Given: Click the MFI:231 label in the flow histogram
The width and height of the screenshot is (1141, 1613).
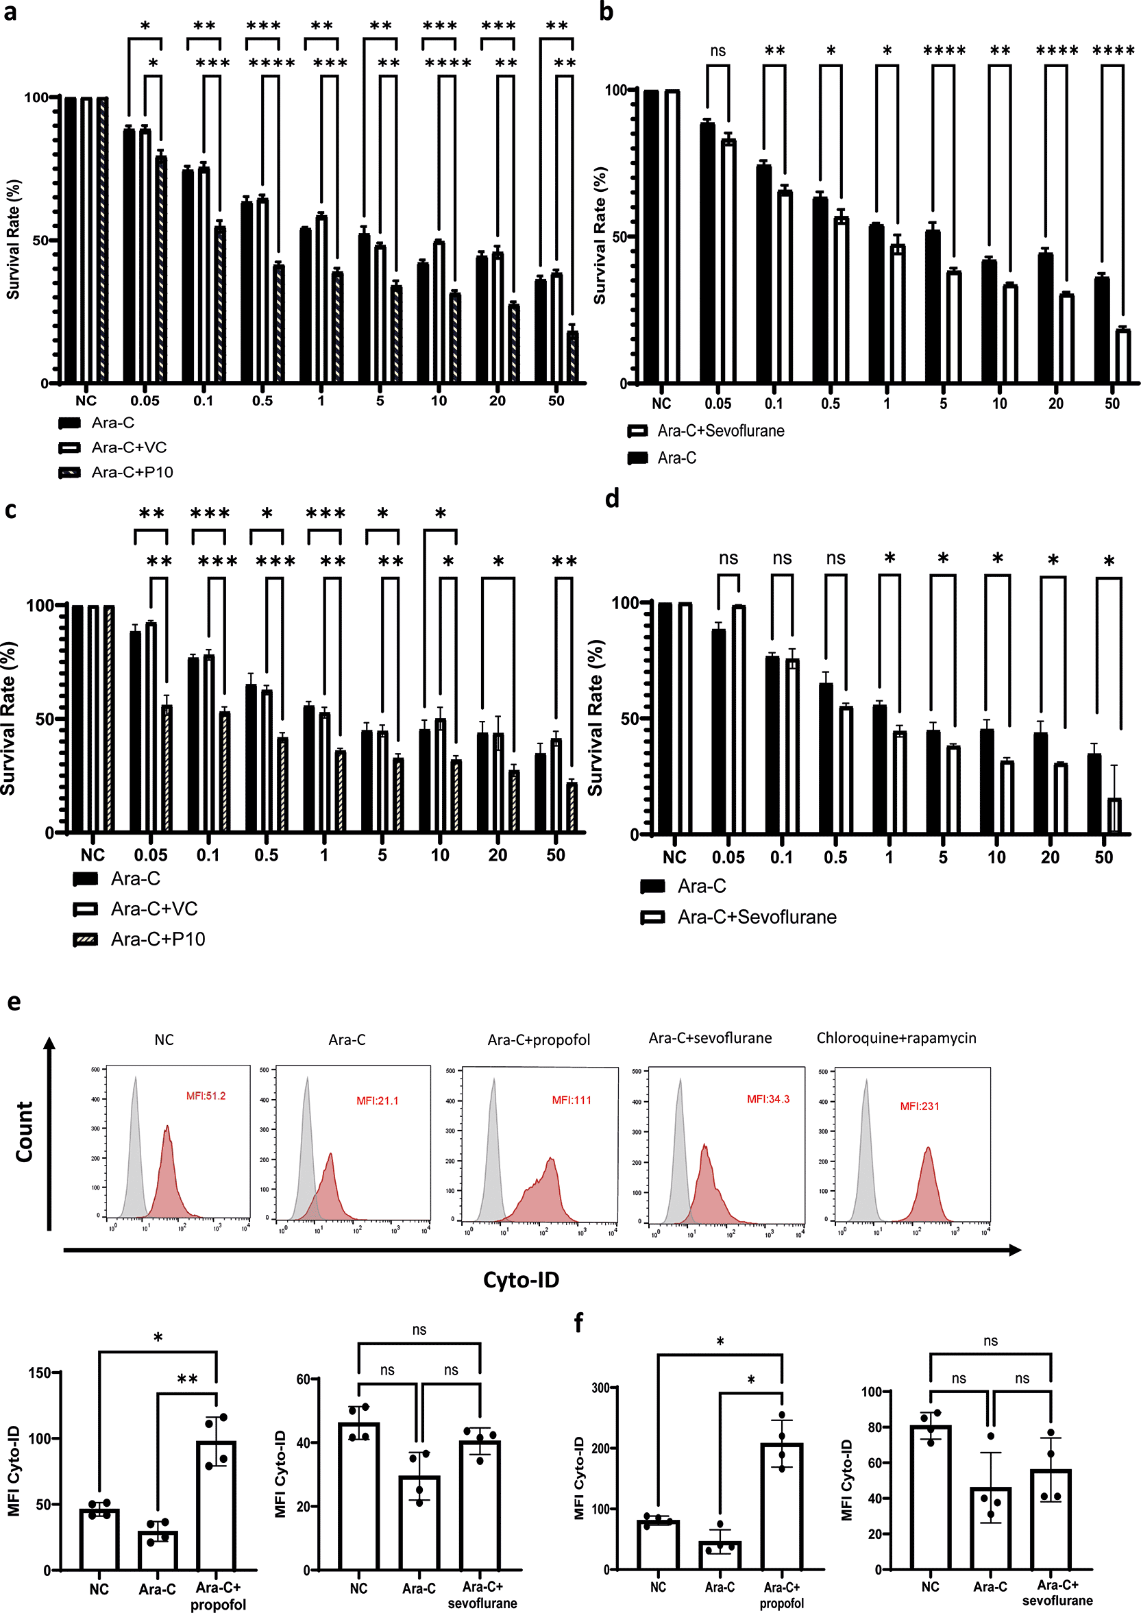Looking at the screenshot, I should (x=919, y=1106).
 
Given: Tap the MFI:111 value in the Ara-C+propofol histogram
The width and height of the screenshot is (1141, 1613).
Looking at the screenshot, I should (x=572, y=1100).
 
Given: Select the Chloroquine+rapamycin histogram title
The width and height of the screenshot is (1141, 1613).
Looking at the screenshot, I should (x=896, y=1037).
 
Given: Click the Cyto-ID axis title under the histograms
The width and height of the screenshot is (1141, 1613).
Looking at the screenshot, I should (x=521, y=1279).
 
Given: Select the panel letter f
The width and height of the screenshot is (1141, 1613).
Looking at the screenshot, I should (x=578, y=1324).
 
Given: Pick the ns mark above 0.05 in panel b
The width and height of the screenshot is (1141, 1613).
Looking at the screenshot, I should (x=717, y=51).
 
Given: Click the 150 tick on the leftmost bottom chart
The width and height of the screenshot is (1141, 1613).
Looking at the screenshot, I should (x=40, y=1372).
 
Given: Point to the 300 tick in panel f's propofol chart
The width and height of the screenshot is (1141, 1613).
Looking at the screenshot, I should (x=601, y=1388).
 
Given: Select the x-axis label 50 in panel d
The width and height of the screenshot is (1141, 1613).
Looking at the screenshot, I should (x=1104, y=857).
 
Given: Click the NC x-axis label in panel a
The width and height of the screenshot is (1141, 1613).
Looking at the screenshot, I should (x=86, y=401).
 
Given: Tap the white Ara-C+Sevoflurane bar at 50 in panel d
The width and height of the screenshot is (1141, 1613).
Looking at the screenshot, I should (x=1114, y=815).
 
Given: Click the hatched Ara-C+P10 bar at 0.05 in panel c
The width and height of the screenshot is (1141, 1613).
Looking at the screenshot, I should (x=167, y=769).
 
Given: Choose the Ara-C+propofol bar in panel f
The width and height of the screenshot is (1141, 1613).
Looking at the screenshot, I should (x=781, y=1505).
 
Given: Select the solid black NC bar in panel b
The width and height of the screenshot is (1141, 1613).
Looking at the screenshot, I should (x=651, y=237).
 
